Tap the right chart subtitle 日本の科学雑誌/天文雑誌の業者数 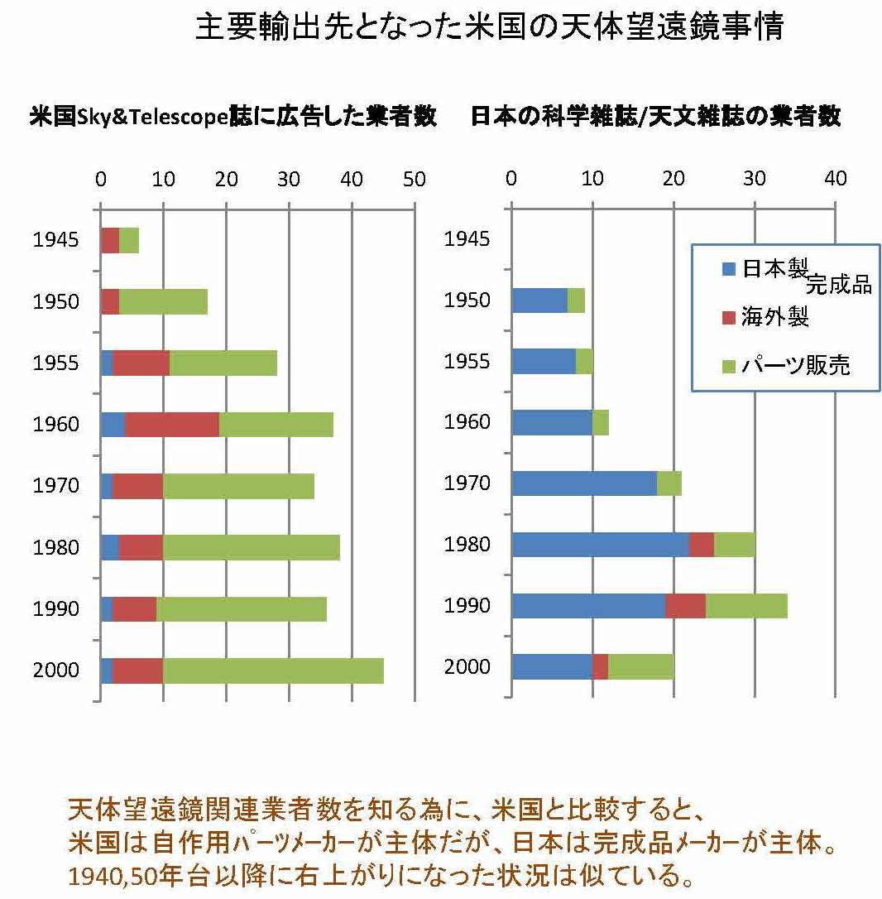point(655,117)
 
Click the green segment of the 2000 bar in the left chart point(273,671)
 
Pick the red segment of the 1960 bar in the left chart point(172,425)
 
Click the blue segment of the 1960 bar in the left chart point(113,425)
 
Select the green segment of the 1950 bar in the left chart point(163,301)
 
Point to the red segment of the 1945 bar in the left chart point(110,240)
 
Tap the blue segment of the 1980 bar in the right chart point(600,545)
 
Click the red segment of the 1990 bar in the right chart point(685,606)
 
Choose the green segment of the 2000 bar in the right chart point(641,666)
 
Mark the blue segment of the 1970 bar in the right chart point(584,483)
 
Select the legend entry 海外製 point(774,317)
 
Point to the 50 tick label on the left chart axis point(414,180)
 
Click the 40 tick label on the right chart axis point(836,179)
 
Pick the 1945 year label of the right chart point(467,240)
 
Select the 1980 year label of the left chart point(56,548)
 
